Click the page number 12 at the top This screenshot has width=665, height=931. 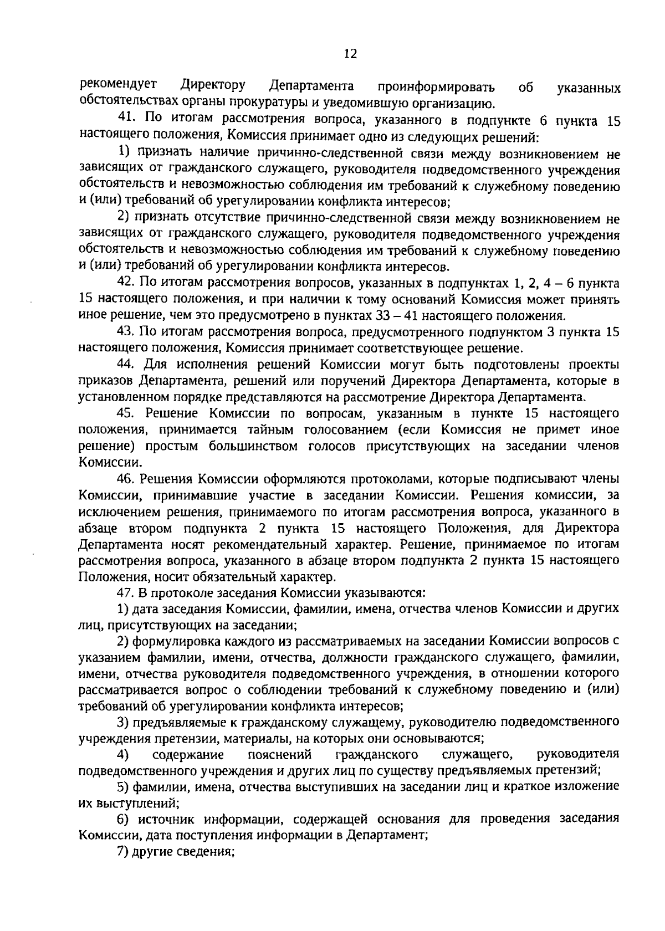(x=350, y=54)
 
